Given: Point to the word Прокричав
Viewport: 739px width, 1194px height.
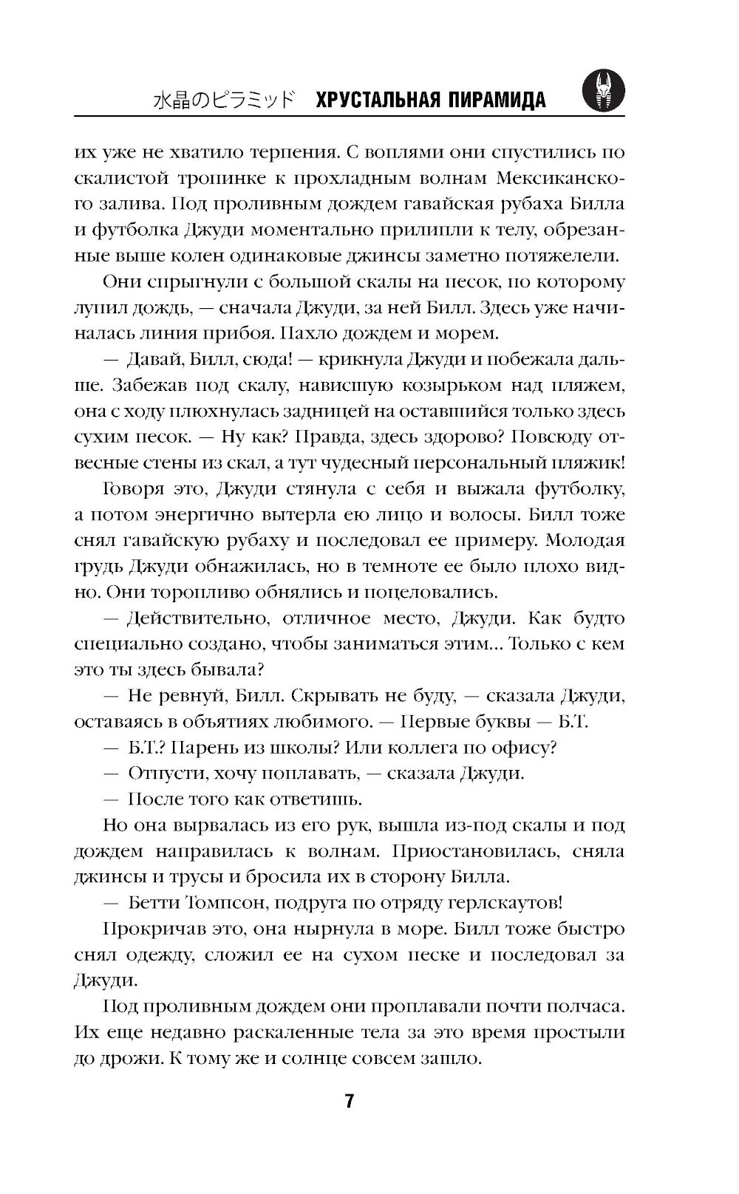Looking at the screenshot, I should click(149, 928).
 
